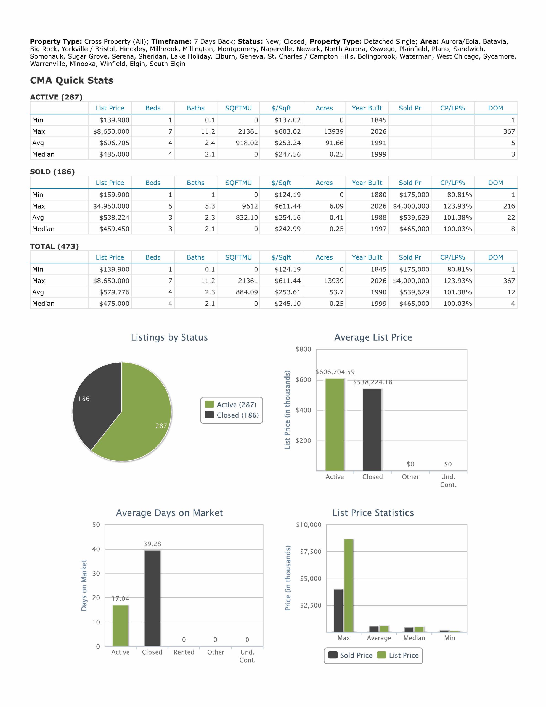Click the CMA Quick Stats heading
(71, 80)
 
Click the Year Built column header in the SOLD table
(367, 183)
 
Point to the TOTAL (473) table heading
(54, 246)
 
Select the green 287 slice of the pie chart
(142, 418)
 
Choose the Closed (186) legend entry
(232, 415)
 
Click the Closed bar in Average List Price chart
(372, 429)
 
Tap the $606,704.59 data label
(335, 372)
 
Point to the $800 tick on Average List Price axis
(303, 349)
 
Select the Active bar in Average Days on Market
(120, 626)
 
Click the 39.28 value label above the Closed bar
(152, 544)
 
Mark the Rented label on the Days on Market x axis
(184, 652)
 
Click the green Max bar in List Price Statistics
(349, 585)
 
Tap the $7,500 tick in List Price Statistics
(311, 552)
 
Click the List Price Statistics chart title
(373, 513)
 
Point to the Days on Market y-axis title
(84, 585)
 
